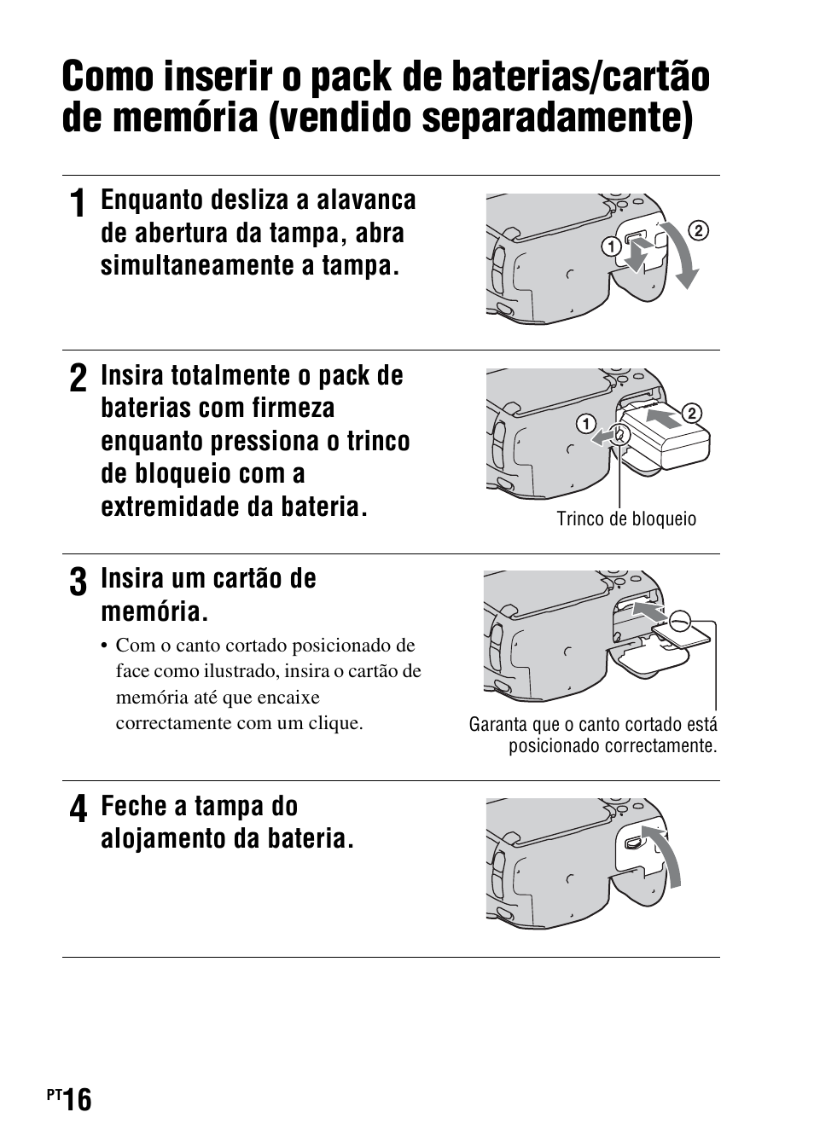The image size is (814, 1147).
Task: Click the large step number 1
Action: tap(78, 205)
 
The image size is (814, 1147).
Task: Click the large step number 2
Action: tap(78, 379)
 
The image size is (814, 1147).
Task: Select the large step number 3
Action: tap(78, 582)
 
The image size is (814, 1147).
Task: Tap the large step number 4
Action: tap(78, 810)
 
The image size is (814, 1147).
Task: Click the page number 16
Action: tap(75, 1101)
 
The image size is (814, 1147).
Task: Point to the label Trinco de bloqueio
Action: tap(626, 519)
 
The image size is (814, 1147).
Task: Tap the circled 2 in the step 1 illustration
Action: tap(698, 229)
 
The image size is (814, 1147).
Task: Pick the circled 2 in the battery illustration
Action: tap(692, 414)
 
